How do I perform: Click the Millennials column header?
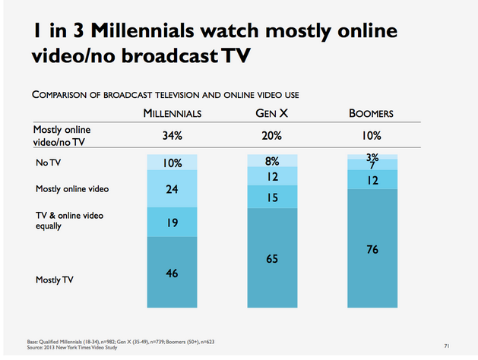pyautogui.click(x=173, y=114)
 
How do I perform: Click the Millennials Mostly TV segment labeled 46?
pyautogui.click(x=173, y=271)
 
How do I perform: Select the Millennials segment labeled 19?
pyautogui.click(x=173, y=223)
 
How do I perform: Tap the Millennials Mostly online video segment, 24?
pyautogui.click(x=173, y=190)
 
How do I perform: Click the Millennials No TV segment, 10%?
pyautogui.click(x=173, y=163)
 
